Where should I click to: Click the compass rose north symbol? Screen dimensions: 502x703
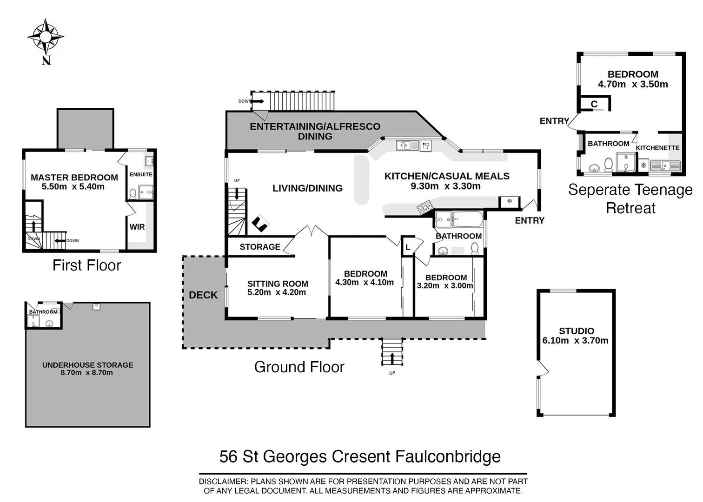click(45, 37)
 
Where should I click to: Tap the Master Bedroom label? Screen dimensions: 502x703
click(74, 177)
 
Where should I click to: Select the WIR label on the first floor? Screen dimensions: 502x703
click(137, 227)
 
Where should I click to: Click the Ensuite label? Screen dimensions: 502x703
click(141, 174)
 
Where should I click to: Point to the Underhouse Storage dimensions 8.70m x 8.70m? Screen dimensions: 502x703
click(87, 373)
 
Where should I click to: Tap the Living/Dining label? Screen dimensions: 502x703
click(307, 188)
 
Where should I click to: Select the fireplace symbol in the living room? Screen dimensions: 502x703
click(260, 224)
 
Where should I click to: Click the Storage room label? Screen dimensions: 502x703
click(260, 247)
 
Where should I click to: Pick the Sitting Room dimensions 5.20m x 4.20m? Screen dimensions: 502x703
click(277, 292)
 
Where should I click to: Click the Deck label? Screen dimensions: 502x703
click(203, 295)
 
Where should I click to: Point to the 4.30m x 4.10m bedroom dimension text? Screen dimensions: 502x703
click(365, 282)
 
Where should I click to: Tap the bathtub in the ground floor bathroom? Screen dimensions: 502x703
click(468, 219)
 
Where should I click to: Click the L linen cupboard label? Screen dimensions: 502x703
click(408, 247)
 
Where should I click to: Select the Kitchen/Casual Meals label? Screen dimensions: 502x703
click(446, 176)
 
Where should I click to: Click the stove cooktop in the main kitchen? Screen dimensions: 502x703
click(424, 207)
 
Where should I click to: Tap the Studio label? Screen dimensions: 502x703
click(576, 331)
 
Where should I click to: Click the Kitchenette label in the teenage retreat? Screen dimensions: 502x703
click(657, 148)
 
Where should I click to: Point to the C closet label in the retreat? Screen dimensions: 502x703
click(594, 104)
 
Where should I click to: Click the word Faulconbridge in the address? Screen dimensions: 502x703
click(448, 456)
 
